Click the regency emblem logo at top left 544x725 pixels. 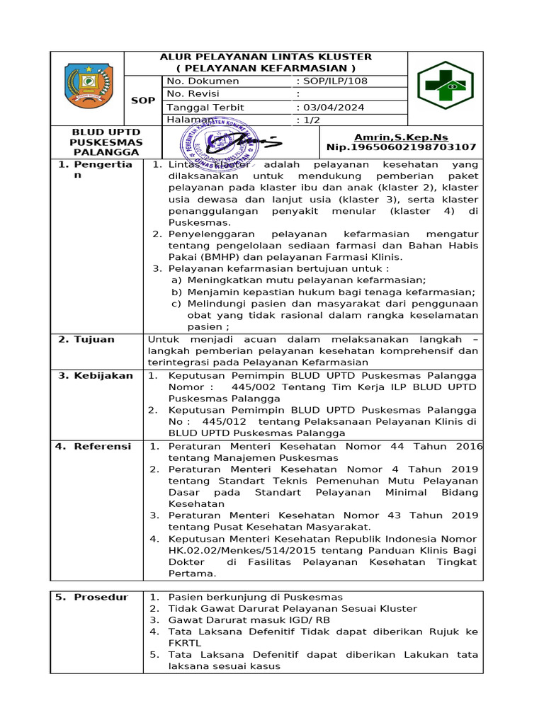[88, 86]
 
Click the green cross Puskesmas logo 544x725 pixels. [445, 86]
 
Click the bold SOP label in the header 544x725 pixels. [142, 101]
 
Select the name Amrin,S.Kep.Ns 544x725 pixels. [401, 137]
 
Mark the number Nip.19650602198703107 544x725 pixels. [401, 147]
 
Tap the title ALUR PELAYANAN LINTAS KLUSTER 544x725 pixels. [266, 57]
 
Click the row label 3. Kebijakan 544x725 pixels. [96, 376]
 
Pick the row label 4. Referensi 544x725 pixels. [93, 447]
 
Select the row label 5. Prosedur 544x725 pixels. [93, 598]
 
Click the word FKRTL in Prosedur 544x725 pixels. [185, 643]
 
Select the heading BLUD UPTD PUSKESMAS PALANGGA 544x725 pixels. [106, 142]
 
